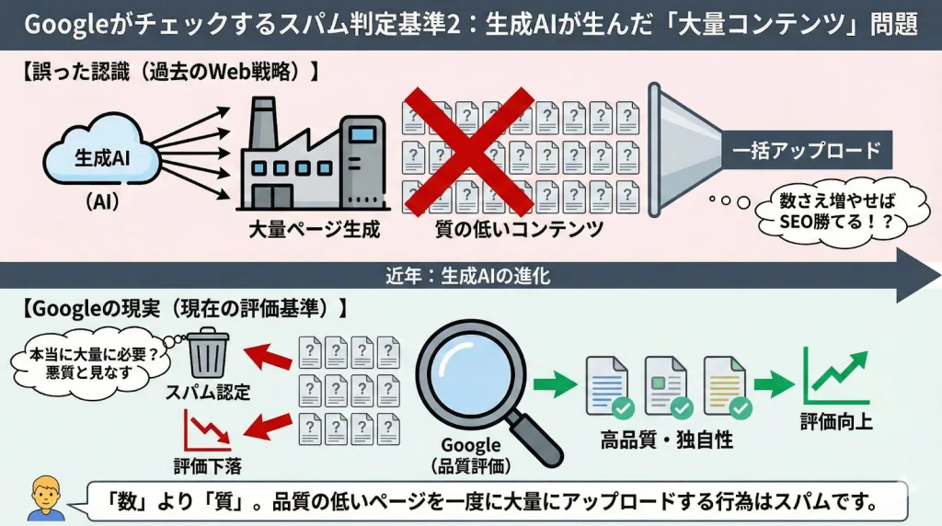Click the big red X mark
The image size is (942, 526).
click(468, 152)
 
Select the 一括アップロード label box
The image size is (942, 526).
click(806, 150)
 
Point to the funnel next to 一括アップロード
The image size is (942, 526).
click(684, 150)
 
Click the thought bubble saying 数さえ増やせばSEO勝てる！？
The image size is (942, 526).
click(838, 212)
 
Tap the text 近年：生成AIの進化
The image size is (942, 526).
click(468, 276)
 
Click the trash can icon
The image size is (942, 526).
click(208, 353)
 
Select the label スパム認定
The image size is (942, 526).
click(208, 393)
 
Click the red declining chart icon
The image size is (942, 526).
click(207, 430)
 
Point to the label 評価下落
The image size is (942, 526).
click(208, 466)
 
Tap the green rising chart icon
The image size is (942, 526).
click(836, 376)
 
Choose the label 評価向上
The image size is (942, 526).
click(836, 421)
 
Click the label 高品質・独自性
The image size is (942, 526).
click(667, 440)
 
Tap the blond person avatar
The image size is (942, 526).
click(46, 498)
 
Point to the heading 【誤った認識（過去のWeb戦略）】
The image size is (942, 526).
click(170, 72)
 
